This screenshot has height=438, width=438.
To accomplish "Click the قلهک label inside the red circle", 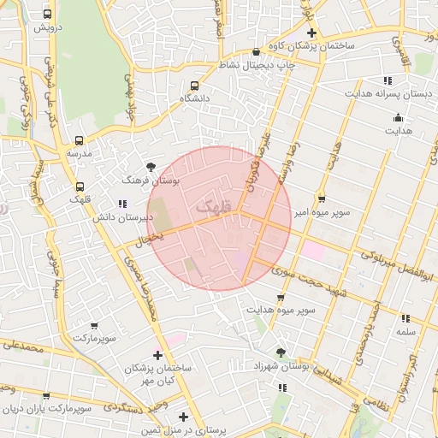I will coord(214,207).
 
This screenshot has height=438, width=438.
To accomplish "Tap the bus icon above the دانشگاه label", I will coord(194,86).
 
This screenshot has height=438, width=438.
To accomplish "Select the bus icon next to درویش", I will coord(47,15).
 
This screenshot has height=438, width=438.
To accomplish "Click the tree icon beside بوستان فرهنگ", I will coord(151,167).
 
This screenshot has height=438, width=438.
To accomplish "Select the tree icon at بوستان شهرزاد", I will coord(281,352).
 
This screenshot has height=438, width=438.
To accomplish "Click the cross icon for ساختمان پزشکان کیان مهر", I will coord(157,355).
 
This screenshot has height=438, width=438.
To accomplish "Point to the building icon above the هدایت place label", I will coord(397,118).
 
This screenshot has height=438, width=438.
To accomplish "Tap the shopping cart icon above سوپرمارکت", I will coord(93,326).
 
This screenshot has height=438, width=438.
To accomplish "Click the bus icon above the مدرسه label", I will coord(80,139).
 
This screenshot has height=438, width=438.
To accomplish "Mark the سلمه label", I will coord(405,331).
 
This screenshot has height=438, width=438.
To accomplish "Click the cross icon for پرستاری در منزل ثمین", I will coord(183,417).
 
